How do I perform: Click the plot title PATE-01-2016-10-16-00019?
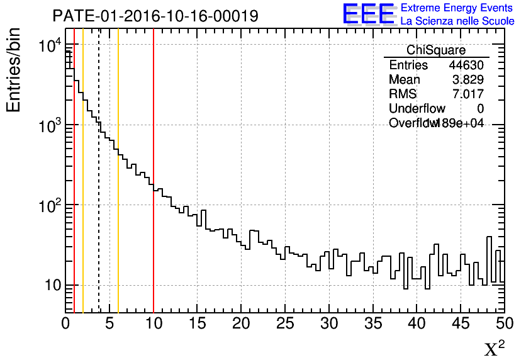(x=155, y=16)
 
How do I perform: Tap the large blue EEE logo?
(x=369, y=14)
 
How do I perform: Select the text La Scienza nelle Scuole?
(x=457, y=21)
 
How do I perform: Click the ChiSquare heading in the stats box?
(x=436, y=50)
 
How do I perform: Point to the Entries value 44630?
(x=466, y=65)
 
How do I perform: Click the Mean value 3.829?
(x=468, y=80)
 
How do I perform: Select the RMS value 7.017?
(x=468, y=94)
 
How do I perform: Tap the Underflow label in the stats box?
(x=417, y=109)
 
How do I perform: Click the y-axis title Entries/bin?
(x=14, y=70)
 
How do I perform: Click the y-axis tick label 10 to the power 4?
(x=50, y=46)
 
